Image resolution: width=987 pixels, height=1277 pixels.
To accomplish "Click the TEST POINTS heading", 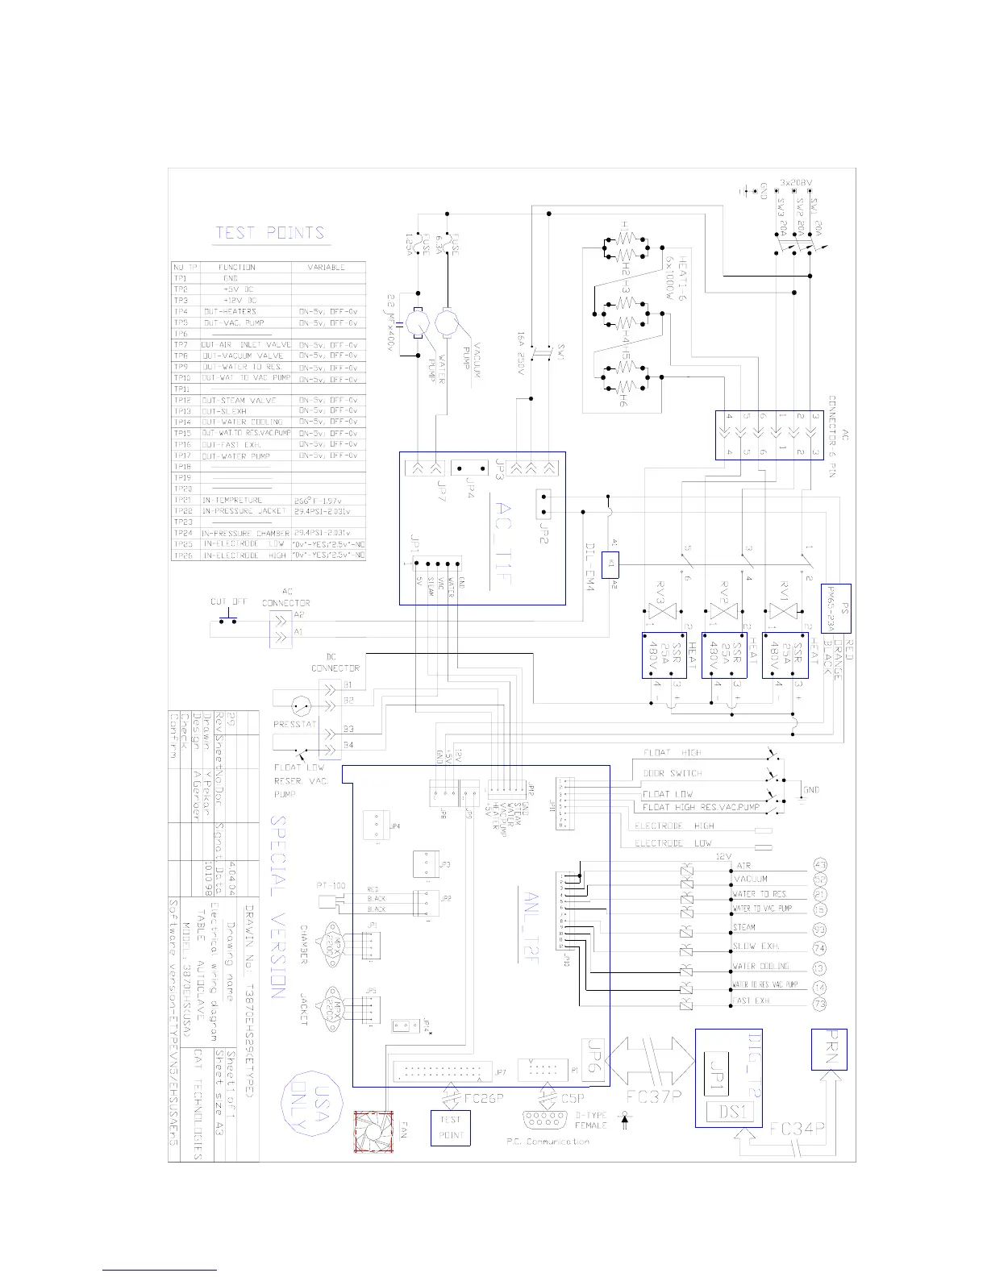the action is [269, 234].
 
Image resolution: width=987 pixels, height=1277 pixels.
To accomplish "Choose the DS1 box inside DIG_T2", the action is [730, 1113].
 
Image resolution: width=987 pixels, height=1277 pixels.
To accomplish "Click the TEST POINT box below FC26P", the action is [452, 1127].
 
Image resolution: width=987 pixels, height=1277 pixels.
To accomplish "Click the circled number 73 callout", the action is [821, 1005].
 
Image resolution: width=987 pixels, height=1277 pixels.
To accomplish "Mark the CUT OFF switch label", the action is [228, 602].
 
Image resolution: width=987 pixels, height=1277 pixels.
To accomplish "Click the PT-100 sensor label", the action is [331, 886].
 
